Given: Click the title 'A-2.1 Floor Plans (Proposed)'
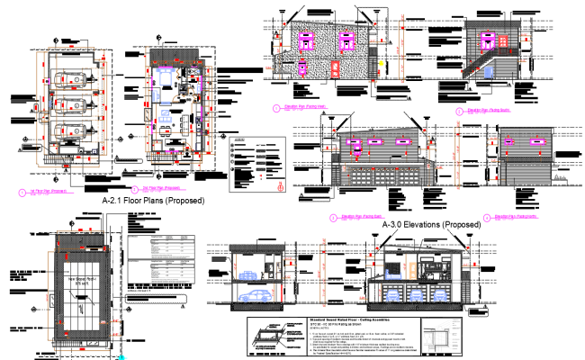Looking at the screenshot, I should tap(154, 201).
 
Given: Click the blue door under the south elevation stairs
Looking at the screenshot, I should tap(488, 69).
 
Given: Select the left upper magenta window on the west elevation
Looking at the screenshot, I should tap(304, 41).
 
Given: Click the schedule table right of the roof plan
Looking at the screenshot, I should tap(160, 261).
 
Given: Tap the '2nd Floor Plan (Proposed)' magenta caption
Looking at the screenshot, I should tap(162, 189).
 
